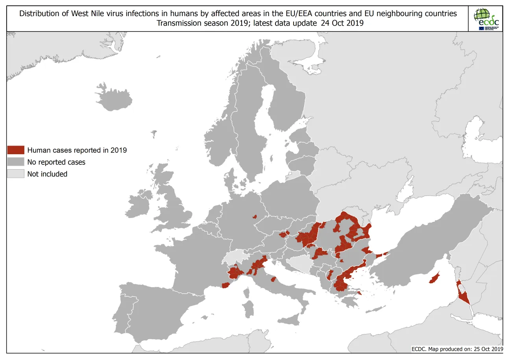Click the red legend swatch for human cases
[x=16, y=150]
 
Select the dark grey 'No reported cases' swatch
[x=16, y=162]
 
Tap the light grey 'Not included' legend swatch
[x=16, y=174]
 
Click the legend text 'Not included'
[x=47, y=174]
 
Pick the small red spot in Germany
[x=255, y=216]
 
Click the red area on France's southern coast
[x=225, y=285]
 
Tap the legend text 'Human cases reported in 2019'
[x=77, y=150]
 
